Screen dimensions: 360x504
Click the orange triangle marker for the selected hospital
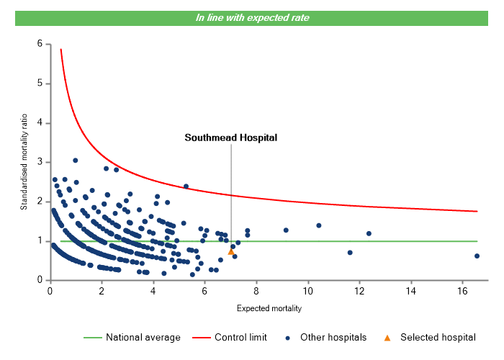click(x=231, y=251)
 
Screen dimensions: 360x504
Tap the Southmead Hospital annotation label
click(x=230, y=137)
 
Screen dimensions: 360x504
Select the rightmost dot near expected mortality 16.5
click(x=477, y=256)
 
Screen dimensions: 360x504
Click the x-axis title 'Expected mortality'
click(x=269, y=309)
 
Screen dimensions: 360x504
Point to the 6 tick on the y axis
click(x=40, y=44)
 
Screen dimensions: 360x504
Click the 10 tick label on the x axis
click(x=308, y=291)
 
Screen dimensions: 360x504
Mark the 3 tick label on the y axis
click(x=40, y=162)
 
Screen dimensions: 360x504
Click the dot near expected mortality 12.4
click(x=369, y=233)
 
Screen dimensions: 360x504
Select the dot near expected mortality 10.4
click(x=318, y=225)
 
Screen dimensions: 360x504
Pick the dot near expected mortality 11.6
click(x=350, y=253)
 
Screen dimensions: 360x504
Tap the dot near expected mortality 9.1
click(x=286, y=230)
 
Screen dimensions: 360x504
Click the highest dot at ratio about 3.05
click(x=75, y=161)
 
